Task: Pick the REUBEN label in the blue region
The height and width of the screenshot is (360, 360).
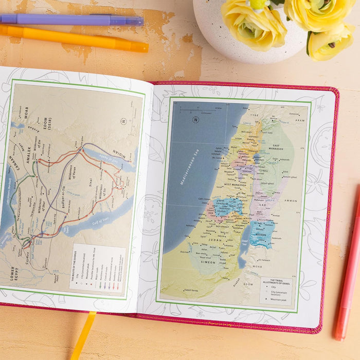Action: click(262, 232)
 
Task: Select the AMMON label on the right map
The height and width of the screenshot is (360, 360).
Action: click(290, 201)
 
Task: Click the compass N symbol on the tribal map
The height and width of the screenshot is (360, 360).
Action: click(195, 120)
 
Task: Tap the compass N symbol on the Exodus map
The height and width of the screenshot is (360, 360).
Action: click(123, 121)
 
